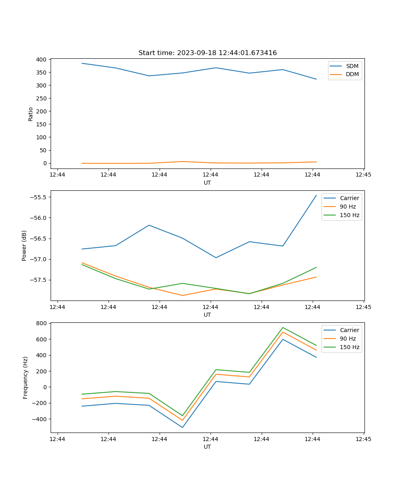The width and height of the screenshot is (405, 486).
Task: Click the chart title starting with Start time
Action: pyautogui.click(x=207, y=53)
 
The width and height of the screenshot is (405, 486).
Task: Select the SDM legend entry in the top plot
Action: pyautogui.click(x=352, y=66)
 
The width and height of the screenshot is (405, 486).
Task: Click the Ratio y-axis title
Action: pyautogui.click(x=30, y=114)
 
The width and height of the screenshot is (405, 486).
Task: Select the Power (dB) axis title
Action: pyautogui.click(x=25, y=245)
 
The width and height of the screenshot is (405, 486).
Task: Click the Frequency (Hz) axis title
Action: pyautogui.click(x=26, y=377)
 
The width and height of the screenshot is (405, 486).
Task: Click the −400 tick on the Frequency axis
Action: pyautogui.click(x=40, y=419)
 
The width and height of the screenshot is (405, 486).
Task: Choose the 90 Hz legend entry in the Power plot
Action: pyautogui.click(x=347, y=207)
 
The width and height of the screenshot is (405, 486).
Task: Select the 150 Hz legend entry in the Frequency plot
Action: pyautogui.click(x=350, y=347)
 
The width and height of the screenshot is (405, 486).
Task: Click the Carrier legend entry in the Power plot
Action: pyautogui.click(x=349, y=198)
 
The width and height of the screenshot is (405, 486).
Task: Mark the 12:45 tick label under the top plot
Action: pyautogui.click(x=363, y=175)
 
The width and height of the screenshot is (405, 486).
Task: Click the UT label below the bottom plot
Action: pyautogui.click(x=207, y=447)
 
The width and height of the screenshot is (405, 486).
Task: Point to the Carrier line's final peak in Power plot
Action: pyautogui.click(x=316, y=195)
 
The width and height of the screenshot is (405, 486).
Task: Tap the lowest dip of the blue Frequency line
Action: pyautogui.click(x=182, y=427)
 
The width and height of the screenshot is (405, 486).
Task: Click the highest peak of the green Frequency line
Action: pyautogui.click(x=283, y=328)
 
